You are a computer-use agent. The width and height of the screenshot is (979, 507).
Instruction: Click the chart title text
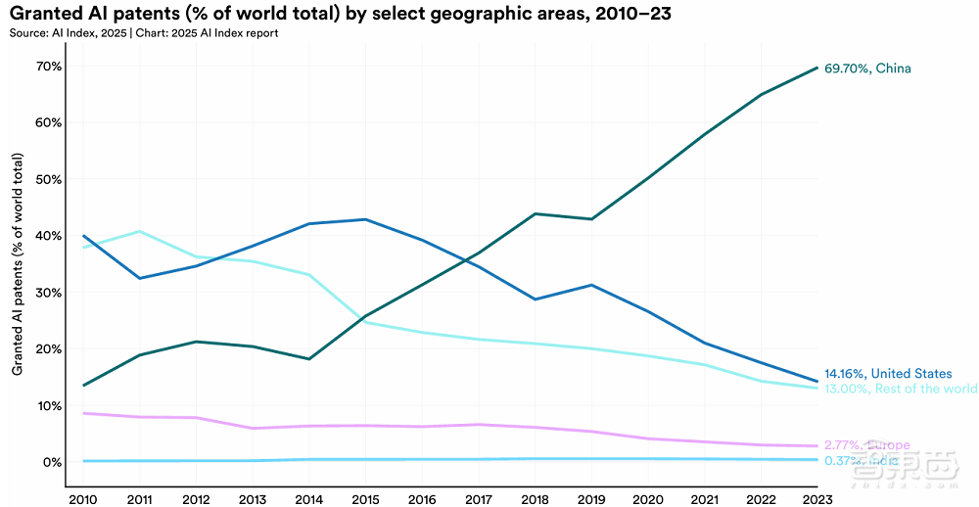pyautogui.click(x=342, y=15)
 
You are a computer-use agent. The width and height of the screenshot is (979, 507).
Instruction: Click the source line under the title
pyautogui.click(x=143, y=33)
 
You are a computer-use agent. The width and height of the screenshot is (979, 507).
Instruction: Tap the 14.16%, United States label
pyautogui.click(x=886, y=374)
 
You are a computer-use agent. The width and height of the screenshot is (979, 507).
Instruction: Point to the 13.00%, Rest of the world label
pyautogui.click(x=901, y=390)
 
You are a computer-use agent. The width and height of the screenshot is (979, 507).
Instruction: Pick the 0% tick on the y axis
pyautogui.click(x=51, y=462)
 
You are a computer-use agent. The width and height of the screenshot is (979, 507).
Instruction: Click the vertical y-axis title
pyautogui.click(x=18, y=263)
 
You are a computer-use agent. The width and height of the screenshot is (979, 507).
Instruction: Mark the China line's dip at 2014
pyautogui.click(x=309, y=359)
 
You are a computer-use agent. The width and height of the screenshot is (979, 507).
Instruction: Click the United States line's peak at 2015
pyautogui.click(x=365, y=219)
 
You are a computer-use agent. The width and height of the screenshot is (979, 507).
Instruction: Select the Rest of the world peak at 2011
pyautogui.click(x=140, y=231)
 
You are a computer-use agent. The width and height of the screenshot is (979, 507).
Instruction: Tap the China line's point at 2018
pyautogui.click(x=536, y=213)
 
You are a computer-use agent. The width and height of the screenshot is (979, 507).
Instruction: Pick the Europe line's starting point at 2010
pyautogui.click(x=84, y=413)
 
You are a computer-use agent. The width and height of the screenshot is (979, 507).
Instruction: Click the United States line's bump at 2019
pyautogui.click(x=591, y=285)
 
